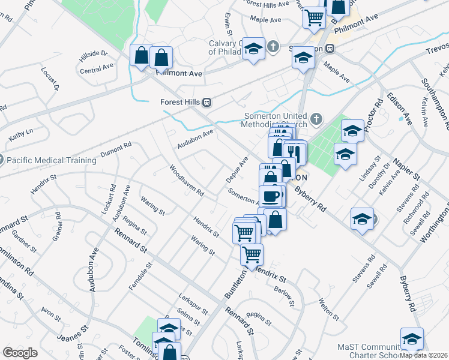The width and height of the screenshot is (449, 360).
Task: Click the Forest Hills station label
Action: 180,102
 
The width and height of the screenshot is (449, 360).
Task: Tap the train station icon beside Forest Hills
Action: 207,102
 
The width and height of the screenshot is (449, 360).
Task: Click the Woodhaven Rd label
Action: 187,181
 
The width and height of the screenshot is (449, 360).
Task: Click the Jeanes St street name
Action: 68,337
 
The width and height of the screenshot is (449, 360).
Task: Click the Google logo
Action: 20,353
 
